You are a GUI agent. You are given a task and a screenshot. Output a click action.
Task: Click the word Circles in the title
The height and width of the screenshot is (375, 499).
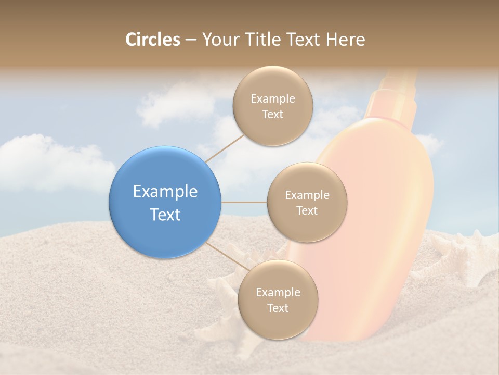tap(152, 40)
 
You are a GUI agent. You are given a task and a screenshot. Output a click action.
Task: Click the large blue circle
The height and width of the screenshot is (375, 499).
tap(165, 202)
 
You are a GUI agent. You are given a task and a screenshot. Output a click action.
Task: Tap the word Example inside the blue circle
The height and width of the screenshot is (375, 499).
tap(165, 192)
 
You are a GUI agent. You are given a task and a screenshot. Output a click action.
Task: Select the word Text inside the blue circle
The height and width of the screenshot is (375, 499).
tap(165, 215)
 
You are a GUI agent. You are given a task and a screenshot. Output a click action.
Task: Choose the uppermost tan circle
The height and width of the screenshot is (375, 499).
tap(272, 106)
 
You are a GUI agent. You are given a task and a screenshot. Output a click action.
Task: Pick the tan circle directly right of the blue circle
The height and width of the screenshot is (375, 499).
tap(307, 203)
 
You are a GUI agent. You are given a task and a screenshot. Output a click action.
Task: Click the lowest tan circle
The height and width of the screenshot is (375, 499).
tap(278, 300)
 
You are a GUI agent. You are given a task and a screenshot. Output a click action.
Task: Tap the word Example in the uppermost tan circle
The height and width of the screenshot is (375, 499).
tap(272, 99)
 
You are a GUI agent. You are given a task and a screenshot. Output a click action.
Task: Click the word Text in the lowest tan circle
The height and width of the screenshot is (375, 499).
tap(278, 308)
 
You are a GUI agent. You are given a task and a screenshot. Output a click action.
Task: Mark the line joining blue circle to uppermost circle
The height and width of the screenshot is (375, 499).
tap(225, 148)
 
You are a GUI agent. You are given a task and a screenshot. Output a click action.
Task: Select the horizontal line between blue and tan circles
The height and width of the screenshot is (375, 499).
tap(244, 202)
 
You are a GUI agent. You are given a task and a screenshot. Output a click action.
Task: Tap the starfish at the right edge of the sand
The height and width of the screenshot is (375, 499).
tap(463, 255)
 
